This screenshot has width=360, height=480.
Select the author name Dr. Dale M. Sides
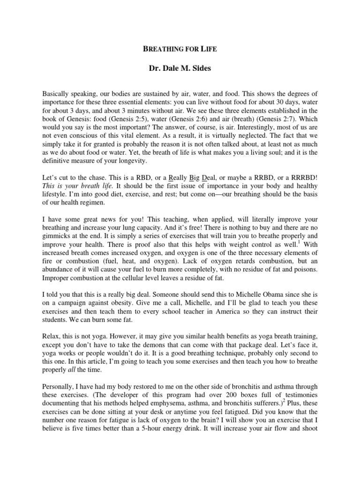pos(180,69)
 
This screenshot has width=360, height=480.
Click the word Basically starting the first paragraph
pos(58,94)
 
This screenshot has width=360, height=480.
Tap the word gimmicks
pos(58,237)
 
